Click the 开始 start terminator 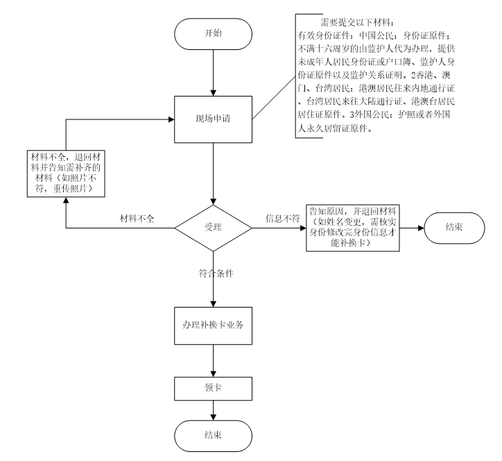point(213,33)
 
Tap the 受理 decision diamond point(212,226)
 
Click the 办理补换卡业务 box point(213,326)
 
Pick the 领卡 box point(213,386)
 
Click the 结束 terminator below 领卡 point(213,435)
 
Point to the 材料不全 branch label point(137,219)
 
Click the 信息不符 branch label point(282,219)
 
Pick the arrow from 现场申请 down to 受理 point(213,169)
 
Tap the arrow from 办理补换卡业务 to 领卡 point(213,360)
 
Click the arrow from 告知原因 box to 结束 point(406,226)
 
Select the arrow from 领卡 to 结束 point(213,408)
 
